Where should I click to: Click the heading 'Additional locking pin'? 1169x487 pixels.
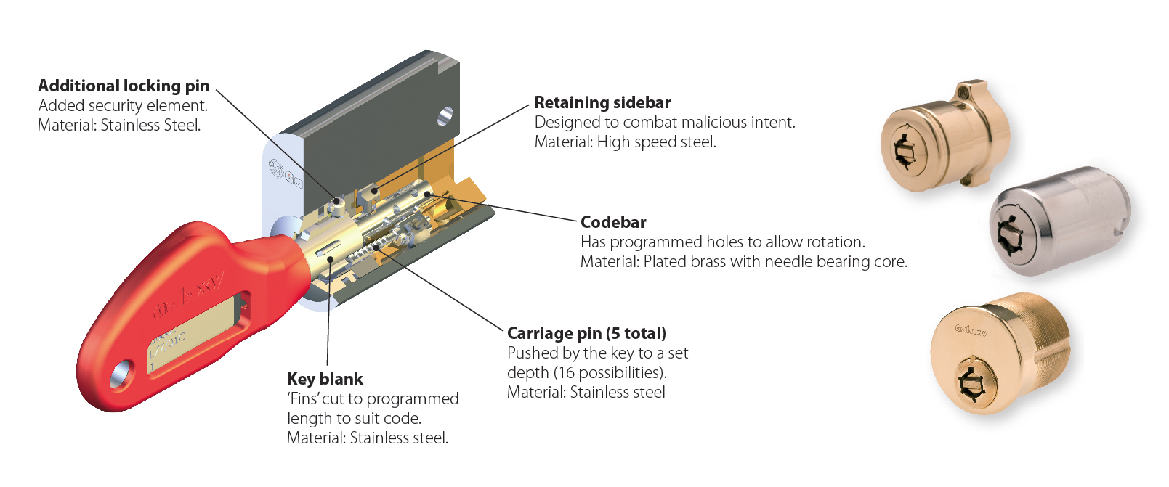click(124, 86)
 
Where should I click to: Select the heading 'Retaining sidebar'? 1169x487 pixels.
click(602, 102)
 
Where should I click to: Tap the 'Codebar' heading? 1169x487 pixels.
click(613, 222)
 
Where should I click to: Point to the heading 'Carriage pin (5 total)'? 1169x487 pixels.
click(586, 333)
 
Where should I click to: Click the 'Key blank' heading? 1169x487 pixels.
click(325, 379)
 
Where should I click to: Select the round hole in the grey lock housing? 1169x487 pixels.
click(445, 115)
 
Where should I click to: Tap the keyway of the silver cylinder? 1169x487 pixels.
click(1011, 231)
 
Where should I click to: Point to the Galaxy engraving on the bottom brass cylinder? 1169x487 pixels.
click(971, 330)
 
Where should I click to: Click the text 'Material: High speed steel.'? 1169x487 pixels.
click(625, 142)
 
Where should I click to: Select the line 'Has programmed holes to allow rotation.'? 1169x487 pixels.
click(722, 242)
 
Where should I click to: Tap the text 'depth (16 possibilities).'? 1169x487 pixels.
click(586, 372)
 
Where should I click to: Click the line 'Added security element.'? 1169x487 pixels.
click(123, 106)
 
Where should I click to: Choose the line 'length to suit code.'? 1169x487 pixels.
click(354, 418)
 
